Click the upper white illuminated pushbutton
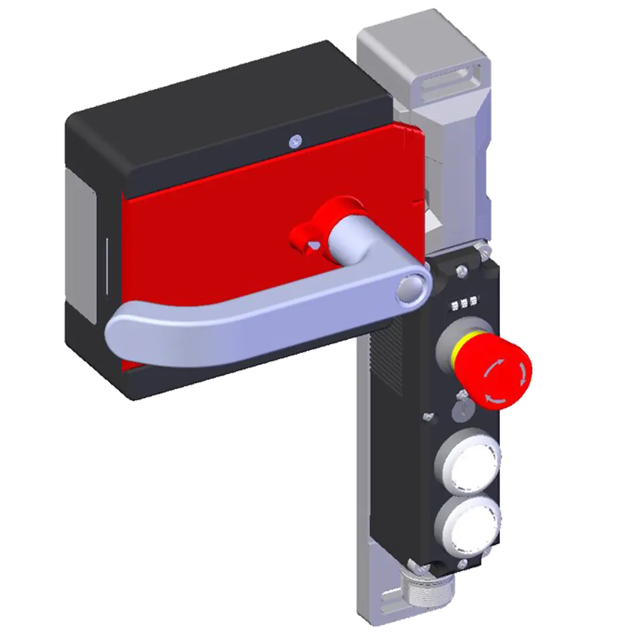468,462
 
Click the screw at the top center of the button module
462,271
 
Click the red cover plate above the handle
247,194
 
